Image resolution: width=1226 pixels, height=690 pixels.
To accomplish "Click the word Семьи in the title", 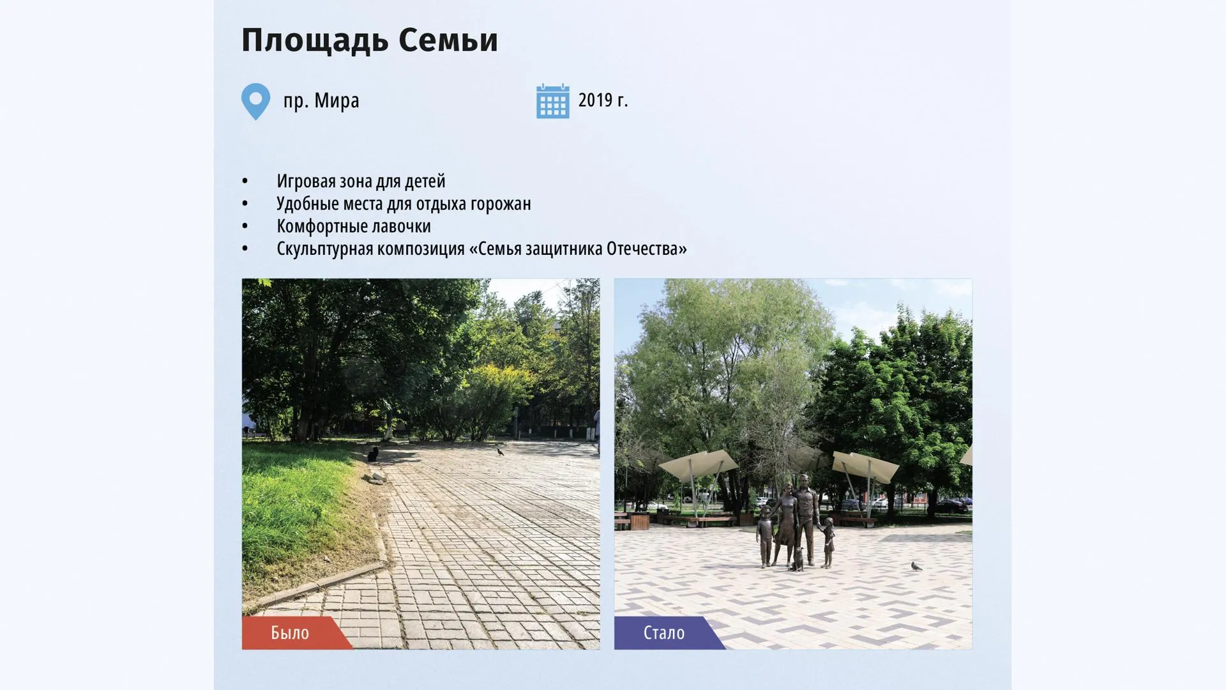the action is [x=448, y=40].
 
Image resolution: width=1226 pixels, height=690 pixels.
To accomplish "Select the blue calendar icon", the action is [x=552, y=101].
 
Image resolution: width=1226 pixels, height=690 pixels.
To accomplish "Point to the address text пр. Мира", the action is [x=321, y=100].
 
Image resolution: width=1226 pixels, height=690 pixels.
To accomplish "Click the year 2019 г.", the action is [x=603, y=100].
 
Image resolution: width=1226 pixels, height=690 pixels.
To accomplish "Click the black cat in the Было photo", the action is [x=372, y=454].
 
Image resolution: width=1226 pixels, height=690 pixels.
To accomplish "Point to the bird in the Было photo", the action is [x=500, y=452].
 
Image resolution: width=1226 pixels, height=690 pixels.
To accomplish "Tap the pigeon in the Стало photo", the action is [x=916, y=566].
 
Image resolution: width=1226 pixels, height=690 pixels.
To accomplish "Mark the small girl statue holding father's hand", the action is [x=828, y=542].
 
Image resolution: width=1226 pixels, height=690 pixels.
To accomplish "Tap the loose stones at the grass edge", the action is [x=375, y=476].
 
